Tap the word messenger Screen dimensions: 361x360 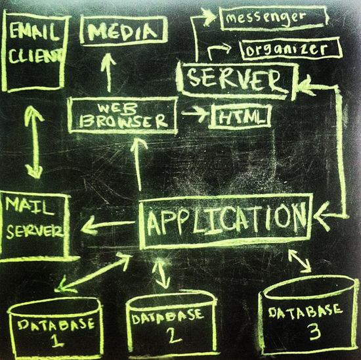[265, 18]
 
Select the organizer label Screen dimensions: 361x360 [287, 49]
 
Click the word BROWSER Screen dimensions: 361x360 [123, 120]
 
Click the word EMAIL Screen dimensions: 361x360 [33, 32]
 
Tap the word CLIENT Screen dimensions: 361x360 [35, 56]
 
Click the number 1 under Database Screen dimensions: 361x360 [56, 340]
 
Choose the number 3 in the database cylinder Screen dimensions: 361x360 [314, 332]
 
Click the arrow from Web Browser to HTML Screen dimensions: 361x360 [196, 113]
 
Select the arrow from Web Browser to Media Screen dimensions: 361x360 [108, 73]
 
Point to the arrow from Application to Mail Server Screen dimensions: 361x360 [108, 225]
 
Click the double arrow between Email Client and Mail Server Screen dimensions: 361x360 [35, 143]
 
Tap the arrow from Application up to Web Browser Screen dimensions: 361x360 [138, 164]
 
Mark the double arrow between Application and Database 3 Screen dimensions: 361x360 [300, 260]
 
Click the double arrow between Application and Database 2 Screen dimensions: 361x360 [161, 273]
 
